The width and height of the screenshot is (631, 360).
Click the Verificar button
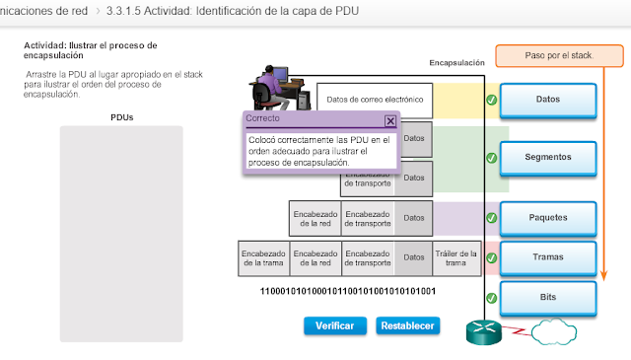coord(335,325)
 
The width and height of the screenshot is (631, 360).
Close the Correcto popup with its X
coord(390,120)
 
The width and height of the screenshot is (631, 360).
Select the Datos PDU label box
coord(548,100)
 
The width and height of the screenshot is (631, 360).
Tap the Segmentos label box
coord(548,157)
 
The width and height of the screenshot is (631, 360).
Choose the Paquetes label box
coord(548,217)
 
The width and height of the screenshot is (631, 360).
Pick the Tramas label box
coord(548,256)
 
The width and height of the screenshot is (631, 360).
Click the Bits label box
coord(548,296)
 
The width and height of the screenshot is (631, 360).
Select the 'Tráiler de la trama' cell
coord(456,257)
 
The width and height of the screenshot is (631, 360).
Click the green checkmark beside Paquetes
coord(491,217)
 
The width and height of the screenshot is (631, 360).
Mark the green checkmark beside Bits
coord(491,297)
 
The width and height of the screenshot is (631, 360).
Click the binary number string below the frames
coord(348,292)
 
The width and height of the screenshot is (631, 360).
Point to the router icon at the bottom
coord(484,333)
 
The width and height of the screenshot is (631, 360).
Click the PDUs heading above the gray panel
coord(122,117)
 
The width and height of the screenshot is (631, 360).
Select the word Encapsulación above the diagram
coord(456,63)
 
